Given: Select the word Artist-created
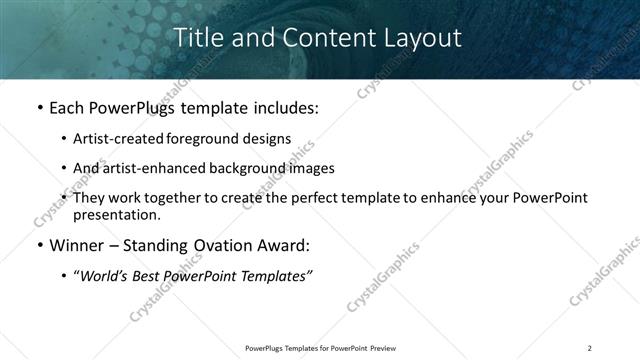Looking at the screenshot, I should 128,140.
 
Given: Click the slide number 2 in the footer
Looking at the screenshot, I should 590,348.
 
